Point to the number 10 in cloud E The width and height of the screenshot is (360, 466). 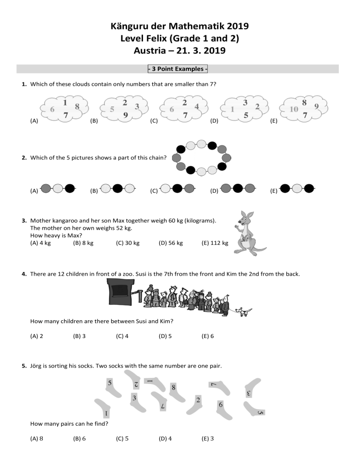coord(294,109)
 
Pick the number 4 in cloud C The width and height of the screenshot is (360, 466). coord(197,106)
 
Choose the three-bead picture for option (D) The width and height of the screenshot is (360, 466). coord(238,189)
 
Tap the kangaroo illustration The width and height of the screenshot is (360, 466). coord(247,232)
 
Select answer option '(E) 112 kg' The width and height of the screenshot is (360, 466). coord(214,243)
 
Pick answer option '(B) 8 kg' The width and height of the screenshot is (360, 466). coord(83,243)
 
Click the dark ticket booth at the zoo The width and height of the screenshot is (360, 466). coord(122,293)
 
